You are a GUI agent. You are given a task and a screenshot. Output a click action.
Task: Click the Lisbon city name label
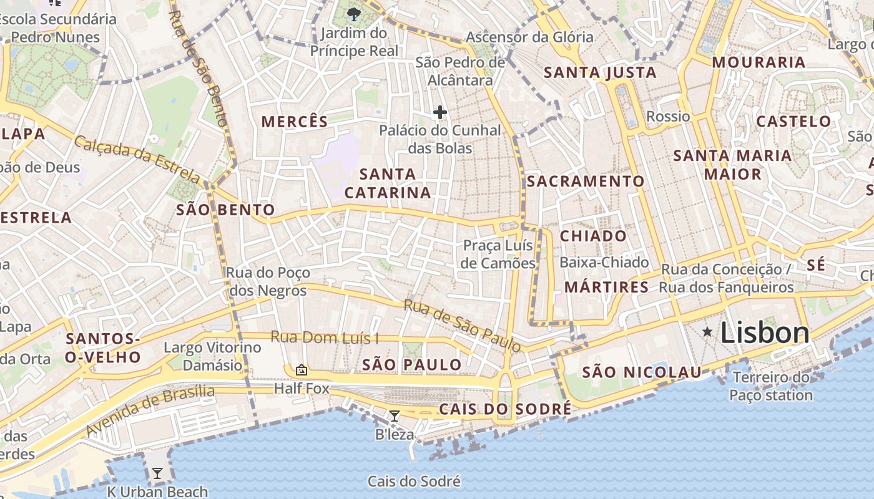(765, 333)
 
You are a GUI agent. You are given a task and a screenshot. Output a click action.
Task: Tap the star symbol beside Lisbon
(707, 332)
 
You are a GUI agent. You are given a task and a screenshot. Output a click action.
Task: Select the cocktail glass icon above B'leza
(394, 416)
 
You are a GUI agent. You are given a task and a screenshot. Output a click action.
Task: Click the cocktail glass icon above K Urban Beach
(157, 473)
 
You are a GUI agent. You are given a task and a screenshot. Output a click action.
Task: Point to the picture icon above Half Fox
(302, 370)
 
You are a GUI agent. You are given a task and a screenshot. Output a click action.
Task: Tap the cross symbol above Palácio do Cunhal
(440, 112)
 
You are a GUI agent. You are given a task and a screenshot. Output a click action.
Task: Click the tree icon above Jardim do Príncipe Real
(354, 14)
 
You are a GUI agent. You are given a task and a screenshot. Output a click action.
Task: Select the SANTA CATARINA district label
(388, 183)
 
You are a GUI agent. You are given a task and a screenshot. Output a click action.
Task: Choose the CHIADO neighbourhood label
(593, 236)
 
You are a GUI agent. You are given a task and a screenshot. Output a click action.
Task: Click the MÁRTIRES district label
(607, 287)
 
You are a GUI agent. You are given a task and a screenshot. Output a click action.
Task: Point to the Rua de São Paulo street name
(462, 325)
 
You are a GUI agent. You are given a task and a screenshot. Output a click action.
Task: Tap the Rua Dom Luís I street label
(325, 338)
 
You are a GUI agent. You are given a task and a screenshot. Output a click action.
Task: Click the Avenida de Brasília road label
(150, 410)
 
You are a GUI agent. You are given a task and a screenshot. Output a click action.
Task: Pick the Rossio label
(668, 117)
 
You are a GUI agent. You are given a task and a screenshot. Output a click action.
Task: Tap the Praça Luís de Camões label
(498, 254)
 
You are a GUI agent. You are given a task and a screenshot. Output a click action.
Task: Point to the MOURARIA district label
(759, 62)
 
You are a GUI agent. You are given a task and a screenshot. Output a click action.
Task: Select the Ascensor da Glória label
(529, 37)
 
